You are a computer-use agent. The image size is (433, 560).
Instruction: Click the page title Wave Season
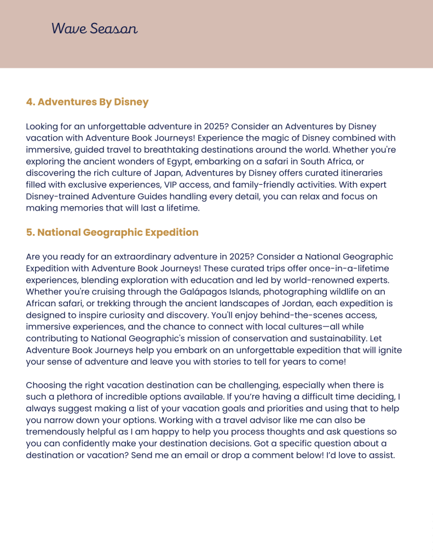94,28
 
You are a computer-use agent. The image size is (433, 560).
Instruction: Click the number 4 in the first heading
30,102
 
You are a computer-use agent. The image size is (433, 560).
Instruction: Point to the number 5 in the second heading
30,232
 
